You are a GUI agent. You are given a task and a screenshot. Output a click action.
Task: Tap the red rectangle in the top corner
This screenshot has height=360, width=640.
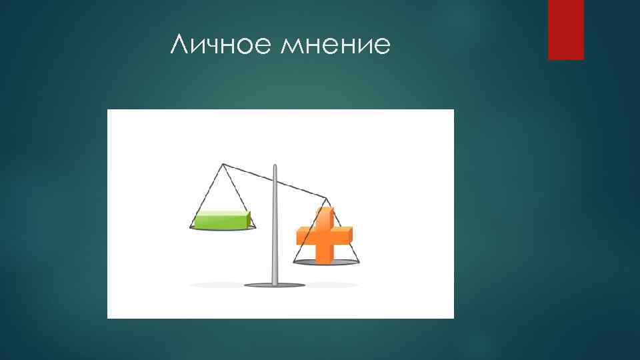(x=565, y=29)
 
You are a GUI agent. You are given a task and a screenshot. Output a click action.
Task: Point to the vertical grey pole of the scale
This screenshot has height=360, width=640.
(x=273, y=227)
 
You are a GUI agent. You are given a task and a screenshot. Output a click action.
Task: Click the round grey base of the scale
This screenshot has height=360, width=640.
(x=273, y=285)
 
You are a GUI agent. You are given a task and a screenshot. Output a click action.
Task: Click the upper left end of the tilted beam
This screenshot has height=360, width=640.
(x=223, y=163)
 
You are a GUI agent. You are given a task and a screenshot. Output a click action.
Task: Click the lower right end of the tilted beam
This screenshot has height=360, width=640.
(x=326, y=197)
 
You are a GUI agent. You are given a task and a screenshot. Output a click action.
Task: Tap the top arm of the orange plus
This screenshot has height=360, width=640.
(x=324, y=216)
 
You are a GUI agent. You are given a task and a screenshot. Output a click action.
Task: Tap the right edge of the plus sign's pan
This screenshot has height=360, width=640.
(x=358, y=262)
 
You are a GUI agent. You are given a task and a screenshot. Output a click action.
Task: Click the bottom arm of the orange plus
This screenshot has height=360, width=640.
(x=325, y=254)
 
